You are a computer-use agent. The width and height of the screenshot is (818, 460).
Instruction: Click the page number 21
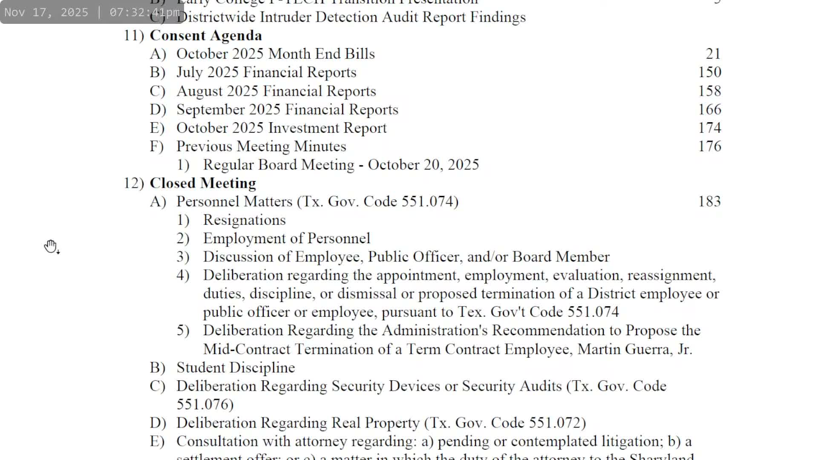tap(713, 54)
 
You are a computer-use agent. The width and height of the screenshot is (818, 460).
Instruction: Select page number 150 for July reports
tap(709, 72)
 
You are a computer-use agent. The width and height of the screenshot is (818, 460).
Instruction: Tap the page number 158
tap(709, 91)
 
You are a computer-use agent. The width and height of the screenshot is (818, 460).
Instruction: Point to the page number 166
tap(709, 109)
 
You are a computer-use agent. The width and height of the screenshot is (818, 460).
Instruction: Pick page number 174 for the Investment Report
tap(709, 128)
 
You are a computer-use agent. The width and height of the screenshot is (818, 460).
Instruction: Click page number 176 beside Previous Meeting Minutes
tap(709, 147)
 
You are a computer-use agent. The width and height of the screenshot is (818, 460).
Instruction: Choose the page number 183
tap(709, 201)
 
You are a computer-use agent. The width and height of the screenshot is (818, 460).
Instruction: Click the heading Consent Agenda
tap(206, 36)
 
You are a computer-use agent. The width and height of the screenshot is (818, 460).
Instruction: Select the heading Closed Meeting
tap(203, 183)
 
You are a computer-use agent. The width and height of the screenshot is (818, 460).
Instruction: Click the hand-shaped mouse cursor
tap(51, 246)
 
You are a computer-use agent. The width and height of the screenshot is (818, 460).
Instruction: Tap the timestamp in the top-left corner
tap(92, 12)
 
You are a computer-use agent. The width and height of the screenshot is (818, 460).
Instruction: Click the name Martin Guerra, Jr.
tap(634, 349)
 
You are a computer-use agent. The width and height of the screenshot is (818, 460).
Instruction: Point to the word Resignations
tap(244, 220)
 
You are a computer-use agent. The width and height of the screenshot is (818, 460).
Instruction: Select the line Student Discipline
tap(236, 368)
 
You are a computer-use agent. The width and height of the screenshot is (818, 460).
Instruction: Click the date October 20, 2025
tap(423, 165)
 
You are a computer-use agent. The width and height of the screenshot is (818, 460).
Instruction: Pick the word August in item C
tap(199, 91)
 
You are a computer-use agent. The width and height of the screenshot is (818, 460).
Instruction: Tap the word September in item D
tap(210, 109)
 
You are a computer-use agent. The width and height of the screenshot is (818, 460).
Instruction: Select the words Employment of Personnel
tap(287, 239)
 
